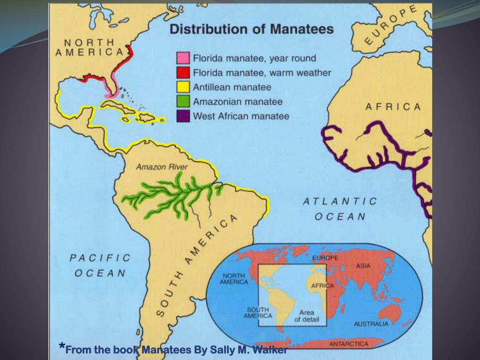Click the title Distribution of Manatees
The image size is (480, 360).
251,30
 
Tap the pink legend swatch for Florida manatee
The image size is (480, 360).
183,59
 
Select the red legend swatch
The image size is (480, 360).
183,73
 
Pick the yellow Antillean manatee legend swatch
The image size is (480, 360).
183,87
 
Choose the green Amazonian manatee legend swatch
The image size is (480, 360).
183,102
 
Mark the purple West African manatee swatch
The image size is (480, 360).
183,116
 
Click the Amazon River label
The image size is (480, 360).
162,167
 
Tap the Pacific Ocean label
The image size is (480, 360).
100,265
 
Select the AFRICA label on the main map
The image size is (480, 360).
393,107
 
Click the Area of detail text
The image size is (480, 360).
307,316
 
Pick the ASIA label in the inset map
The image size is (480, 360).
363,266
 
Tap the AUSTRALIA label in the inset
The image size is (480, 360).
371,324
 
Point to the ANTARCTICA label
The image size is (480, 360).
349,344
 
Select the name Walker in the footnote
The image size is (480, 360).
270,350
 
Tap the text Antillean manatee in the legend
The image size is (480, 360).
232,87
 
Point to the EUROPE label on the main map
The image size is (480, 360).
390,26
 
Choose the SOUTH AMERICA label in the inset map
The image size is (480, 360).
258,313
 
